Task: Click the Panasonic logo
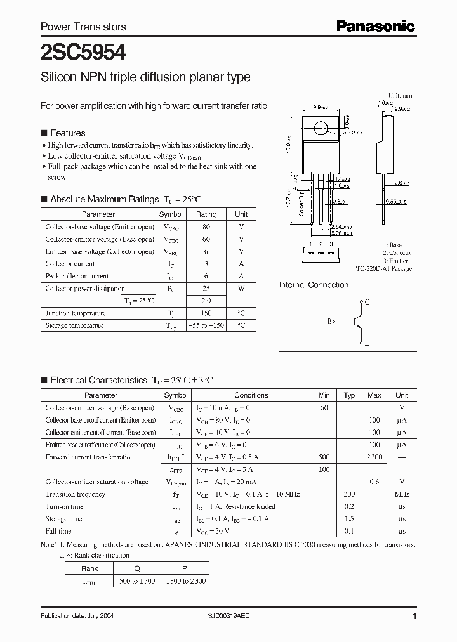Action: pos(375,26)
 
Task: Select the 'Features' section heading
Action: pos(67,133)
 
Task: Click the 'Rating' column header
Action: pos(206,214)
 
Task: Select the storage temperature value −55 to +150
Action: pos(206,325)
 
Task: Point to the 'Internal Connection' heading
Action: pos(314,285)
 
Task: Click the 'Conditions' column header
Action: pos(251,395)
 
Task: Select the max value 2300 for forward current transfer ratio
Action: pos(374,457)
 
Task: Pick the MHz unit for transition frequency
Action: pos(402,494)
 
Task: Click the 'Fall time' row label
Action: pos(58,531)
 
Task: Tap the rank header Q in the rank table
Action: pos(136,569)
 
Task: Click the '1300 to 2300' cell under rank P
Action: pos(185,581)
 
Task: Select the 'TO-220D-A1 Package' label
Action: pos(383,269)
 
